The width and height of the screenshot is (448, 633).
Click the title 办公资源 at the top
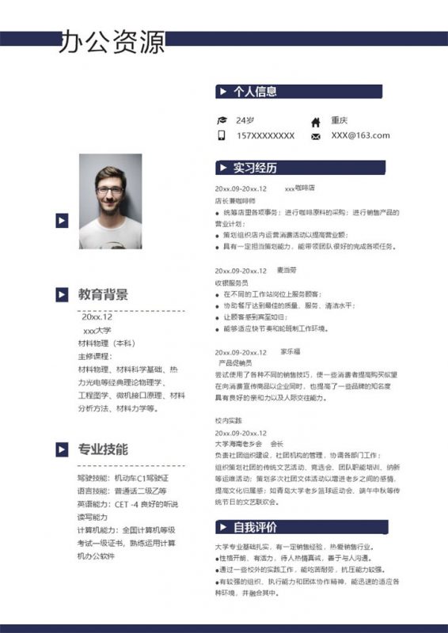coord(112,42)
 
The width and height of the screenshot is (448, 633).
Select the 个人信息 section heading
coord(254,92)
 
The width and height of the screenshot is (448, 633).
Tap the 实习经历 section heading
coord(254,168)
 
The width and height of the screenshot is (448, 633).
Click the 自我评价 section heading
coord(254,527)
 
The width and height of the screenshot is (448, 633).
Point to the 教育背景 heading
coord(103,294)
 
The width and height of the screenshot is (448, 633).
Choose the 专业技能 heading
coord(103,449)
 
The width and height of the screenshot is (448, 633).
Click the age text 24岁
coord(245,120)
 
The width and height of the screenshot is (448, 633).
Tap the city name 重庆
coord(340,120)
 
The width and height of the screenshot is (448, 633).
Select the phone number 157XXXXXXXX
coord(265,135)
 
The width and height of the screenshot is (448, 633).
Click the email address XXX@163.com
coord(360,135)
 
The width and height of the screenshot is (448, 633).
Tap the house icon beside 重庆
coord(316,121)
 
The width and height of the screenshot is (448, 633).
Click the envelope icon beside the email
coord(316,136)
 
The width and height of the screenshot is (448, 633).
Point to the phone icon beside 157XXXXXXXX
coord(222,135)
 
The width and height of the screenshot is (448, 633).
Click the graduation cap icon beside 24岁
coord(222,120)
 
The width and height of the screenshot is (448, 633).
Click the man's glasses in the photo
coord(109,191)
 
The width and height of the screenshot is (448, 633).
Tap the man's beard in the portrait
coord(109,209)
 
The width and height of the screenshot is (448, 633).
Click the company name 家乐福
coord(290,351)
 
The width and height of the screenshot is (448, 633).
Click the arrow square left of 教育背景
coord(61,294)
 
